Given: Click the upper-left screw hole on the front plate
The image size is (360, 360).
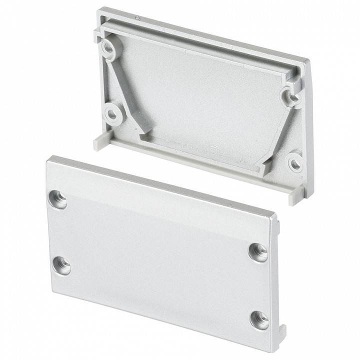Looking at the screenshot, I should coord(57,199).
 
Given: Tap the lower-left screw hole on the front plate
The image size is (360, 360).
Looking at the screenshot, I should coord(61,264).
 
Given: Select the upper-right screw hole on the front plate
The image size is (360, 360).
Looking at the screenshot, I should coord(258,252).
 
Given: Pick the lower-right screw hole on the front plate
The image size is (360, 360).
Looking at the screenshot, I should coord(259,319).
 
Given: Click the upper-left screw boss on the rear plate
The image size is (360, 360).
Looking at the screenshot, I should coord(109,48).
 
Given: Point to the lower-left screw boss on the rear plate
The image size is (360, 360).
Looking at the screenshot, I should coord(112,114).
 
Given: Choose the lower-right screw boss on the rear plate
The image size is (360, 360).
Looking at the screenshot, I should coord(295,162).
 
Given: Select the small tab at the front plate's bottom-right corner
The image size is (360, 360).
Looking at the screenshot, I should coord(282,331).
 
